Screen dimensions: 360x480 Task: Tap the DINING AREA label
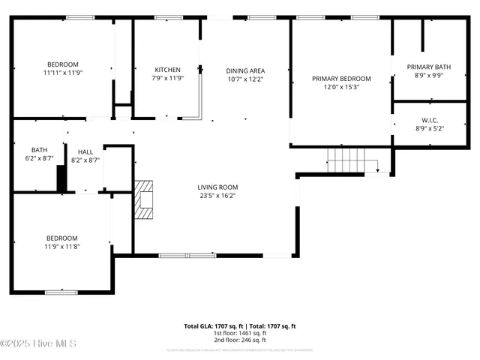coord(245,71)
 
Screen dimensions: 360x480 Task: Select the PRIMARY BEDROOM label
coord(341,79)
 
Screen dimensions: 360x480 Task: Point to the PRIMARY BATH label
coord(430,67)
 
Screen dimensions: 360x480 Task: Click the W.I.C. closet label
coord(430,120)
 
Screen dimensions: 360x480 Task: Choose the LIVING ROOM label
coord(217,187)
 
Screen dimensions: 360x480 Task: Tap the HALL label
coord(85,151)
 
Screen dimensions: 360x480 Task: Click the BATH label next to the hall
coord(39,149)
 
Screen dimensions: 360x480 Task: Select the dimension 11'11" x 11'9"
coord(63,73)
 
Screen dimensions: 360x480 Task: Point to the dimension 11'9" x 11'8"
coord(62,247)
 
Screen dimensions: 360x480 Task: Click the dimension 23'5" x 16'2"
coord(217,196)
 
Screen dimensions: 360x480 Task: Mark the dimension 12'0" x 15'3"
coord(341,87)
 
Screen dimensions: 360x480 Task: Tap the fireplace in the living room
coord(142,199)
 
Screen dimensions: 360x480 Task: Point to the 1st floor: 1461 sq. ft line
coord(240,334)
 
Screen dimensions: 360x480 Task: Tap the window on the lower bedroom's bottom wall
coord(61,292)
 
